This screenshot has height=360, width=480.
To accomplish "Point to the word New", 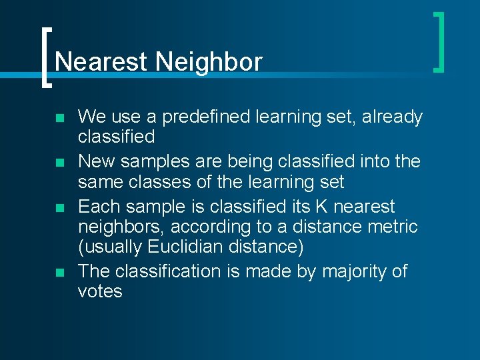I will pos(97,162).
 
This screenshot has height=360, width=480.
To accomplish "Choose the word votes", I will pos(100,291).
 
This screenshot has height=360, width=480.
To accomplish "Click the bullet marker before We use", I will pos(61,119).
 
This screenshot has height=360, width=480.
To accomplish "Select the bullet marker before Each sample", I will pos(61,208).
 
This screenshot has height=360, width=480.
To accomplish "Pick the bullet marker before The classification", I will pos(61,273).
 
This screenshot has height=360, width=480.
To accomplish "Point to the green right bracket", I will pos(439,41).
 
